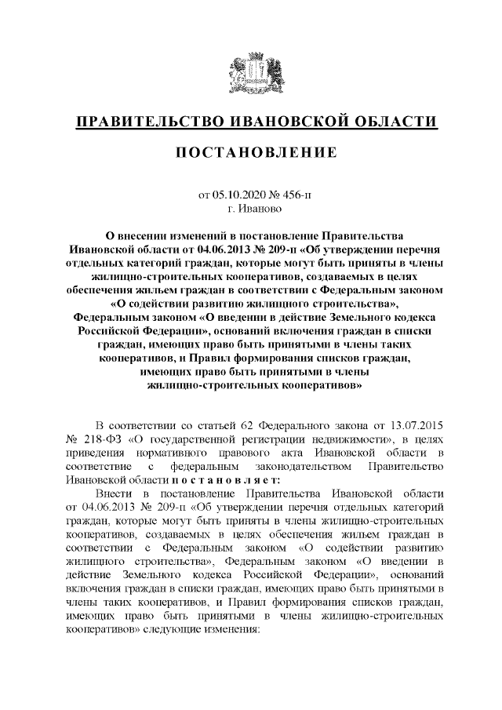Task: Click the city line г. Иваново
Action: (250, 209)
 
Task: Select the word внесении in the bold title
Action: (144, 235)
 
